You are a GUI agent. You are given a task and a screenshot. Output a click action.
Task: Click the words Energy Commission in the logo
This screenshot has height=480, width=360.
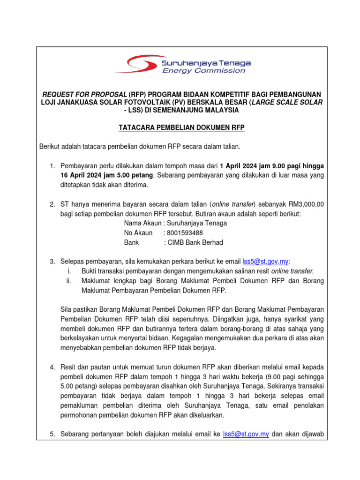point(203,71)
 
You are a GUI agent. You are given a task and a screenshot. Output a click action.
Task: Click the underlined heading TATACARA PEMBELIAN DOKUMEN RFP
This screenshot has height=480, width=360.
point(181,127)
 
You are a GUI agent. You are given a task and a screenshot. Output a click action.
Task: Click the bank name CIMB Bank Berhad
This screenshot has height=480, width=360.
point(194,242)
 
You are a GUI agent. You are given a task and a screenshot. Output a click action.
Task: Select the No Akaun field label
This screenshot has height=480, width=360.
point(138,233)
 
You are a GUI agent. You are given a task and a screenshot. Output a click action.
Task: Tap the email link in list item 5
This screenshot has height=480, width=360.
point(245,434)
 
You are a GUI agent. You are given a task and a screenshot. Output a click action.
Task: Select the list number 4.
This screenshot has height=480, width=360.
point(52,367)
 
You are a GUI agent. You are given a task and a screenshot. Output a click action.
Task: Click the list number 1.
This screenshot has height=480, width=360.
point(52,166)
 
